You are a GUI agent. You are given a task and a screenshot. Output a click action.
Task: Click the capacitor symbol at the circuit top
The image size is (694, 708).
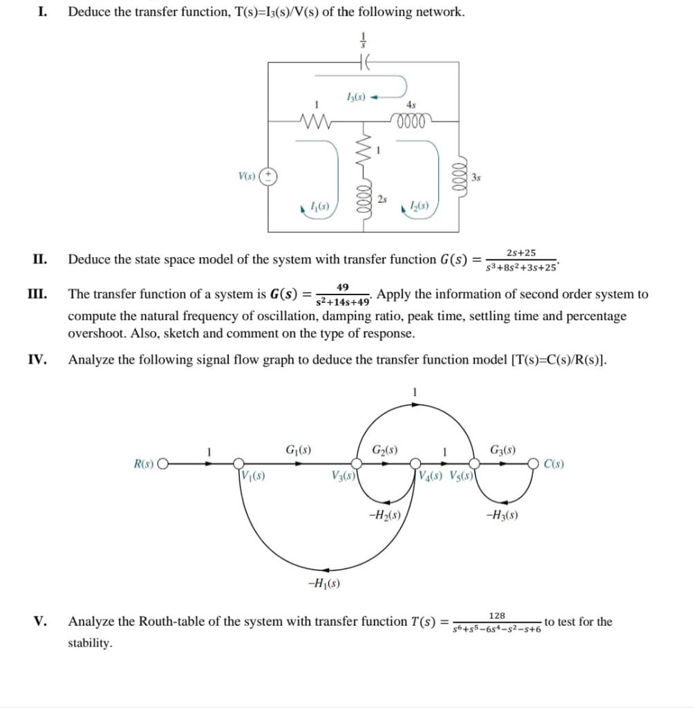(x=364, y=62)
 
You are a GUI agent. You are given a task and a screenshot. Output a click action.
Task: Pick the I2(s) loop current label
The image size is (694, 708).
(x=419, y=206)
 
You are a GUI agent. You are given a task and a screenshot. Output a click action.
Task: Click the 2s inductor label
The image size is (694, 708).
(x=382, y=199)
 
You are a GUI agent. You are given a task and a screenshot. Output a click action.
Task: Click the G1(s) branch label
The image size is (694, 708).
(x=298, y=449)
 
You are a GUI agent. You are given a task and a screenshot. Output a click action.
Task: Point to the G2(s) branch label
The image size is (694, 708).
(x=384, y=449)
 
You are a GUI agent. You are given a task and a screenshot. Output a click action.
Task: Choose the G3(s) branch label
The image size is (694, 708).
(x=503, y=449)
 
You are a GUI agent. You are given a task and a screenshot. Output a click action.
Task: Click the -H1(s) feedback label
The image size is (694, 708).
(x=323, y=583)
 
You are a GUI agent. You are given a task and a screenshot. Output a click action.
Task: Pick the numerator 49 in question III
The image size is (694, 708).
(x=343, y=287)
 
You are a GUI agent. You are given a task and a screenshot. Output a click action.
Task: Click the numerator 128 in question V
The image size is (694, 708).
(x=496, y=615)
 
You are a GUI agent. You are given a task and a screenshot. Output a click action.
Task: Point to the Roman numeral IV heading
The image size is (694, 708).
(x=37, y=360)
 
